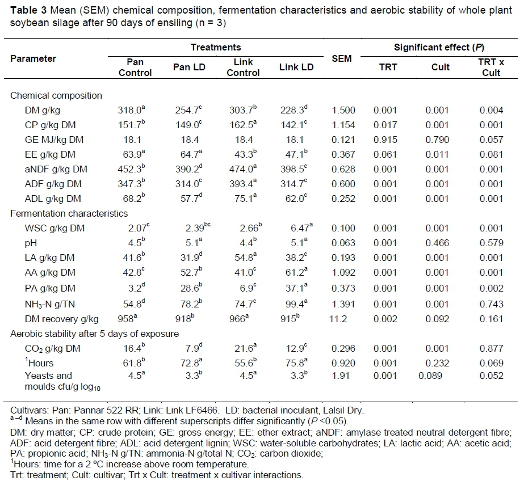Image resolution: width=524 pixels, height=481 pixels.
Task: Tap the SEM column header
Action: [x=341, y=59]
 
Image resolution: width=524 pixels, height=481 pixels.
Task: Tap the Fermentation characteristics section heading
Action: [x=69, y=213]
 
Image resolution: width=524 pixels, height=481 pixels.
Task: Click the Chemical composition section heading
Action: [x=56, y=95]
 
